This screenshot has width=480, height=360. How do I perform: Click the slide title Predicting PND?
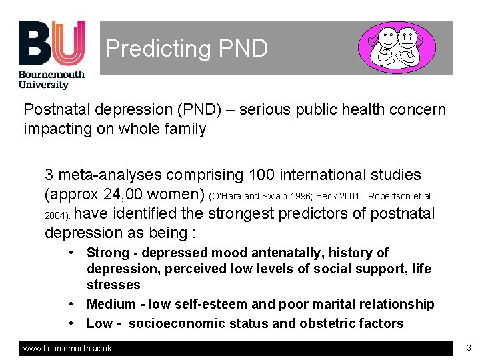coord(187,48)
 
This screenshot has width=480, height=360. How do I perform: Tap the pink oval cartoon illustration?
coord(397,47)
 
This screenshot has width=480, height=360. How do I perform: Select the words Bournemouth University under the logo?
coord(52,79)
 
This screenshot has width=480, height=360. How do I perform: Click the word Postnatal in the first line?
coord(53,109)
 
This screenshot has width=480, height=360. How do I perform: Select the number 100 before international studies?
coord(262,175)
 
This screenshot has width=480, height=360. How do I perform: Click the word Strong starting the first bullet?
coord(107,253)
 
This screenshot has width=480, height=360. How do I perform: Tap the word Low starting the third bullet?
coord(99,323)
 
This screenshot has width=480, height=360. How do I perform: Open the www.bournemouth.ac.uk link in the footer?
coord(67,349)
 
